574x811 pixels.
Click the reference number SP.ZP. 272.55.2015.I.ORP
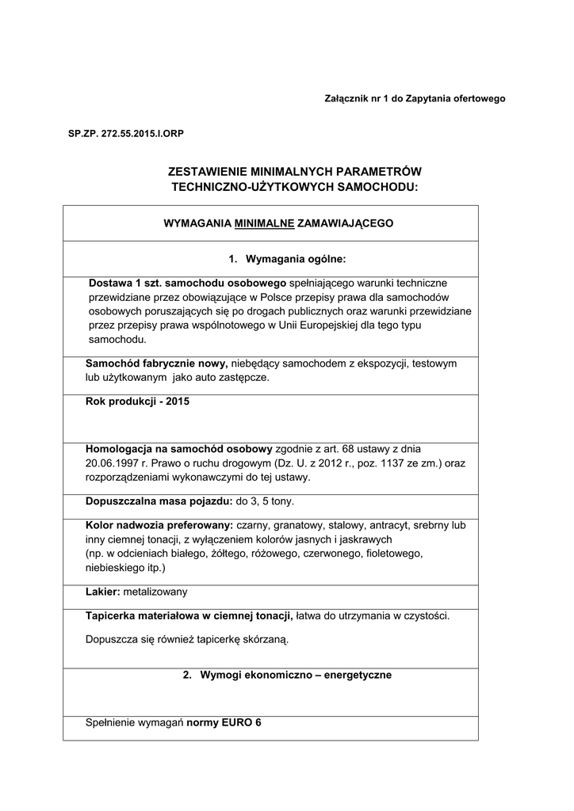[126, 134]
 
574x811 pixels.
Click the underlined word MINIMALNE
[265, 223]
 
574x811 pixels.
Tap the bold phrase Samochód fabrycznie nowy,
[156, 363]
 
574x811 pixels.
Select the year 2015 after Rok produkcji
[178, 402]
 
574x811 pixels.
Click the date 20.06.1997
[113, 463]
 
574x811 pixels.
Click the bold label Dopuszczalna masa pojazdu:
[159, 501]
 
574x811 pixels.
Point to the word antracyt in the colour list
[384, 525]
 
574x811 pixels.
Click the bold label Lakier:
[102, 591]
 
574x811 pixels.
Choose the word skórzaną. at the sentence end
[266, 640]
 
